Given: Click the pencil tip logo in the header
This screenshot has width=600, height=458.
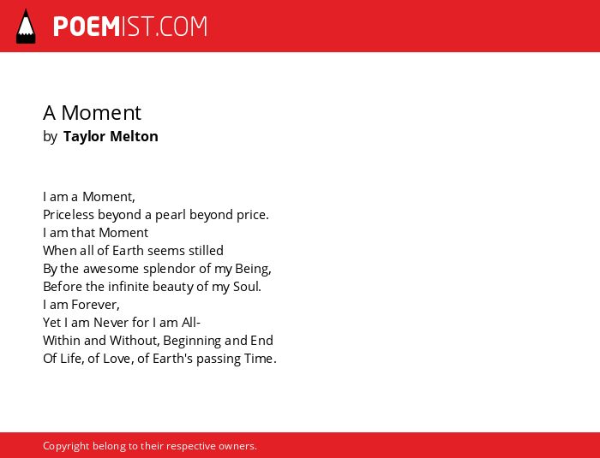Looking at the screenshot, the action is point(26,27).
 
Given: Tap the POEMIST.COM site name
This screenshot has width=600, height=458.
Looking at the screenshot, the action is point(130,27).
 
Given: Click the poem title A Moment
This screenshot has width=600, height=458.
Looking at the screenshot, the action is point(92,113).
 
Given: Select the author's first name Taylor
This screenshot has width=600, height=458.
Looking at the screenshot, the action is point(84,137).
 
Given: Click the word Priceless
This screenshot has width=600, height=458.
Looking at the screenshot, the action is point(69,215).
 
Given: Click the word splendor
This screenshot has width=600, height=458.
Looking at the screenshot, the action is point(170,269).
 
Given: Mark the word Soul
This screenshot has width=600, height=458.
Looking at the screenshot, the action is point(247,287).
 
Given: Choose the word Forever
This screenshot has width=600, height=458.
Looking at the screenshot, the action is point(95,305).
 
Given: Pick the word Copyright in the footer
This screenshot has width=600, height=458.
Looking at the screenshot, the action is point(66,446).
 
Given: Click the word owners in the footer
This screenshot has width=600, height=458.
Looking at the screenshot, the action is point(237,447).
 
